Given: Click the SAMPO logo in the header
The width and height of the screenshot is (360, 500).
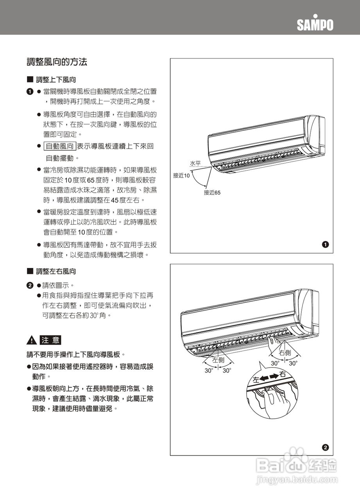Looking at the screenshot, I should tap(315, 24).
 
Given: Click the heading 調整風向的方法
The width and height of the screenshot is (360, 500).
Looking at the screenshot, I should tap(57, 62).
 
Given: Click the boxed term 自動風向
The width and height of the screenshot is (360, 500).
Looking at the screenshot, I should tap(59, 147).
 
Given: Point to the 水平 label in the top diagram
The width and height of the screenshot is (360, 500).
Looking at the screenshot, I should tap(195, 163).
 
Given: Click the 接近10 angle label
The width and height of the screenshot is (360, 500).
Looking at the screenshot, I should tap(181, 176).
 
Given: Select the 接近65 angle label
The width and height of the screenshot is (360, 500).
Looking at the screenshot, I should tap(212, 193).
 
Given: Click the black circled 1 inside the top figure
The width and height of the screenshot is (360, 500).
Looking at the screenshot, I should tap(325, 245).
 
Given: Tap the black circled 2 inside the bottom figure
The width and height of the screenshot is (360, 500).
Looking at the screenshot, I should tap(325, 447).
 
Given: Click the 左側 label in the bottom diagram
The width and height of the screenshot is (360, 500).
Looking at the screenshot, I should tap(218, 360).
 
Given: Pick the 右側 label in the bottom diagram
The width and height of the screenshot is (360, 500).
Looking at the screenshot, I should tap(285, 353).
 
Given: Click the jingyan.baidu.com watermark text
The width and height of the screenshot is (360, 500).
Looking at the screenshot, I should tap(296, 479).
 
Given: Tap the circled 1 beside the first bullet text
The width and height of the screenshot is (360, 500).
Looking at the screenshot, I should tap(29, 92).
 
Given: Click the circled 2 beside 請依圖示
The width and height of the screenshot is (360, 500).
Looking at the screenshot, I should tap(29, 285).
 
